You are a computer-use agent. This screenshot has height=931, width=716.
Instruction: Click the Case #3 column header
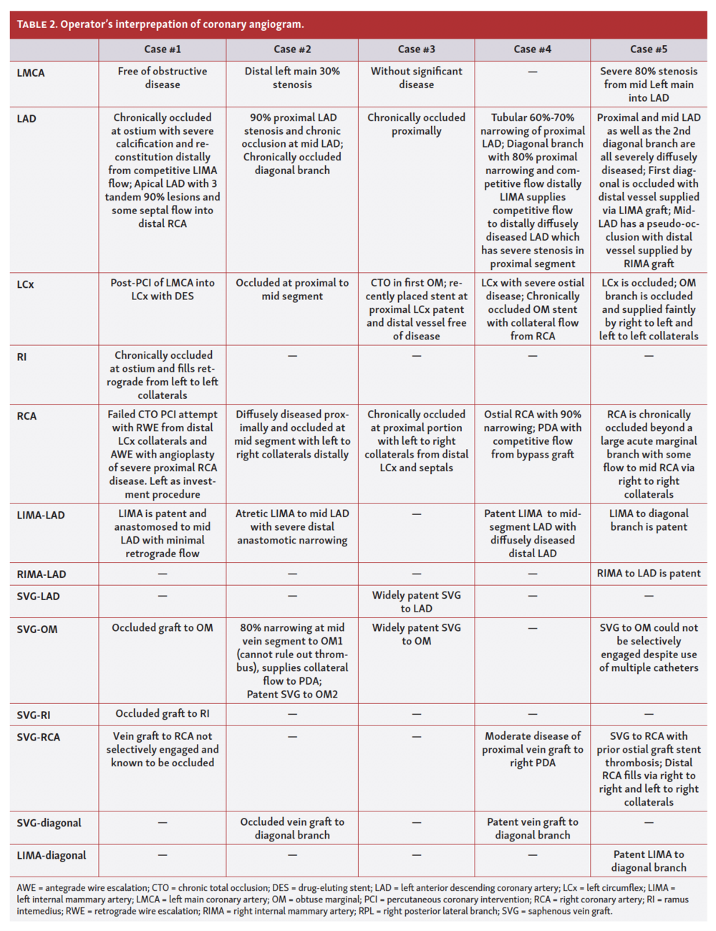click(416, 49)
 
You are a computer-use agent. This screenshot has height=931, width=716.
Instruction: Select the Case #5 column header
click(648, 49)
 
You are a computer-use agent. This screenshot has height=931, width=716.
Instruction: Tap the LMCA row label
click(31, 72)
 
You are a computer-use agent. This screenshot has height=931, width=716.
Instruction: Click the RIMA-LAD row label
click(42, 574)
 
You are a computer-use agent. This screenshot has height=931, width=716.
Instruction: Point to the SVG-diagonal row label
click(49, 823)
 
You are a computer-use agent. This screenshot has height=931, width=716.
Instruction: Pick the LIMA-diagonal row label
click(52, 855)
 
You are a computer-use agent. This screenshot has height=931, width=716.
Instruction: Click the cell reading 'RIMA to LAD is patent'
click(649, 574)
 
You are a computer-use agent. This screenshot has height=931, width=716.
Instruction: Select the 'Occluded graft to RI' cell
click(163, 713)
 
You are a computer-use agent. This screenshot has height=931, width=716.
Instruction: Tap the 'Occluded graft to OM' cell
click(163, 628)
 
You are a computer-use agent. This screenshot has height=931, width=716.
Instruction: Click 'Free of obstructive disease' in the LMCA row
click(163, 78)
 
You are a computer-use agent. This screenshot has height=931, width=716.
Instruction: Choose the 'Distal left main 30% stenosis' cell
click(292, 78)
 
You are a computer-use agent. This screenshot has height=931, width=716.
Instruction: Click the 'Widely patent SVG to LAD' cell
click(416, 602)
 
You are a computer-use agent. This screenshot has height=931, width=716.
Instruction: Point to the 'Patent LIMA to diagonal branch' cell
click(649, 861)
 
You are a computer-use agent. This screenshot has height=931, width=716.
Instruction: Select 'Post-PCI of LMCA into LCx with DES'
click(163, 289)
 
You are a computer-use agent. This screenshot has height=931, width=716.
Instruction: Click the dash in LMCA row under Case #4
click(533, 72)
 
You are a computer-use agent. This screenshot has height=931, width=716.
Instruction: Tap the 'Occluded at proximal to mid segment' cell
click(292, 289)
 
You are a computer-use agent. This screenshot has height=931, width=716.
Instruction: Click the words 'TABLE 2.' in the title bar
click(37, 24)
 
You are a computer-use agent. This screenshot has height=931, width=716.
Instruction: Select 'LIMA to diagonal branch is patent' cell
click(649, 520)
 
